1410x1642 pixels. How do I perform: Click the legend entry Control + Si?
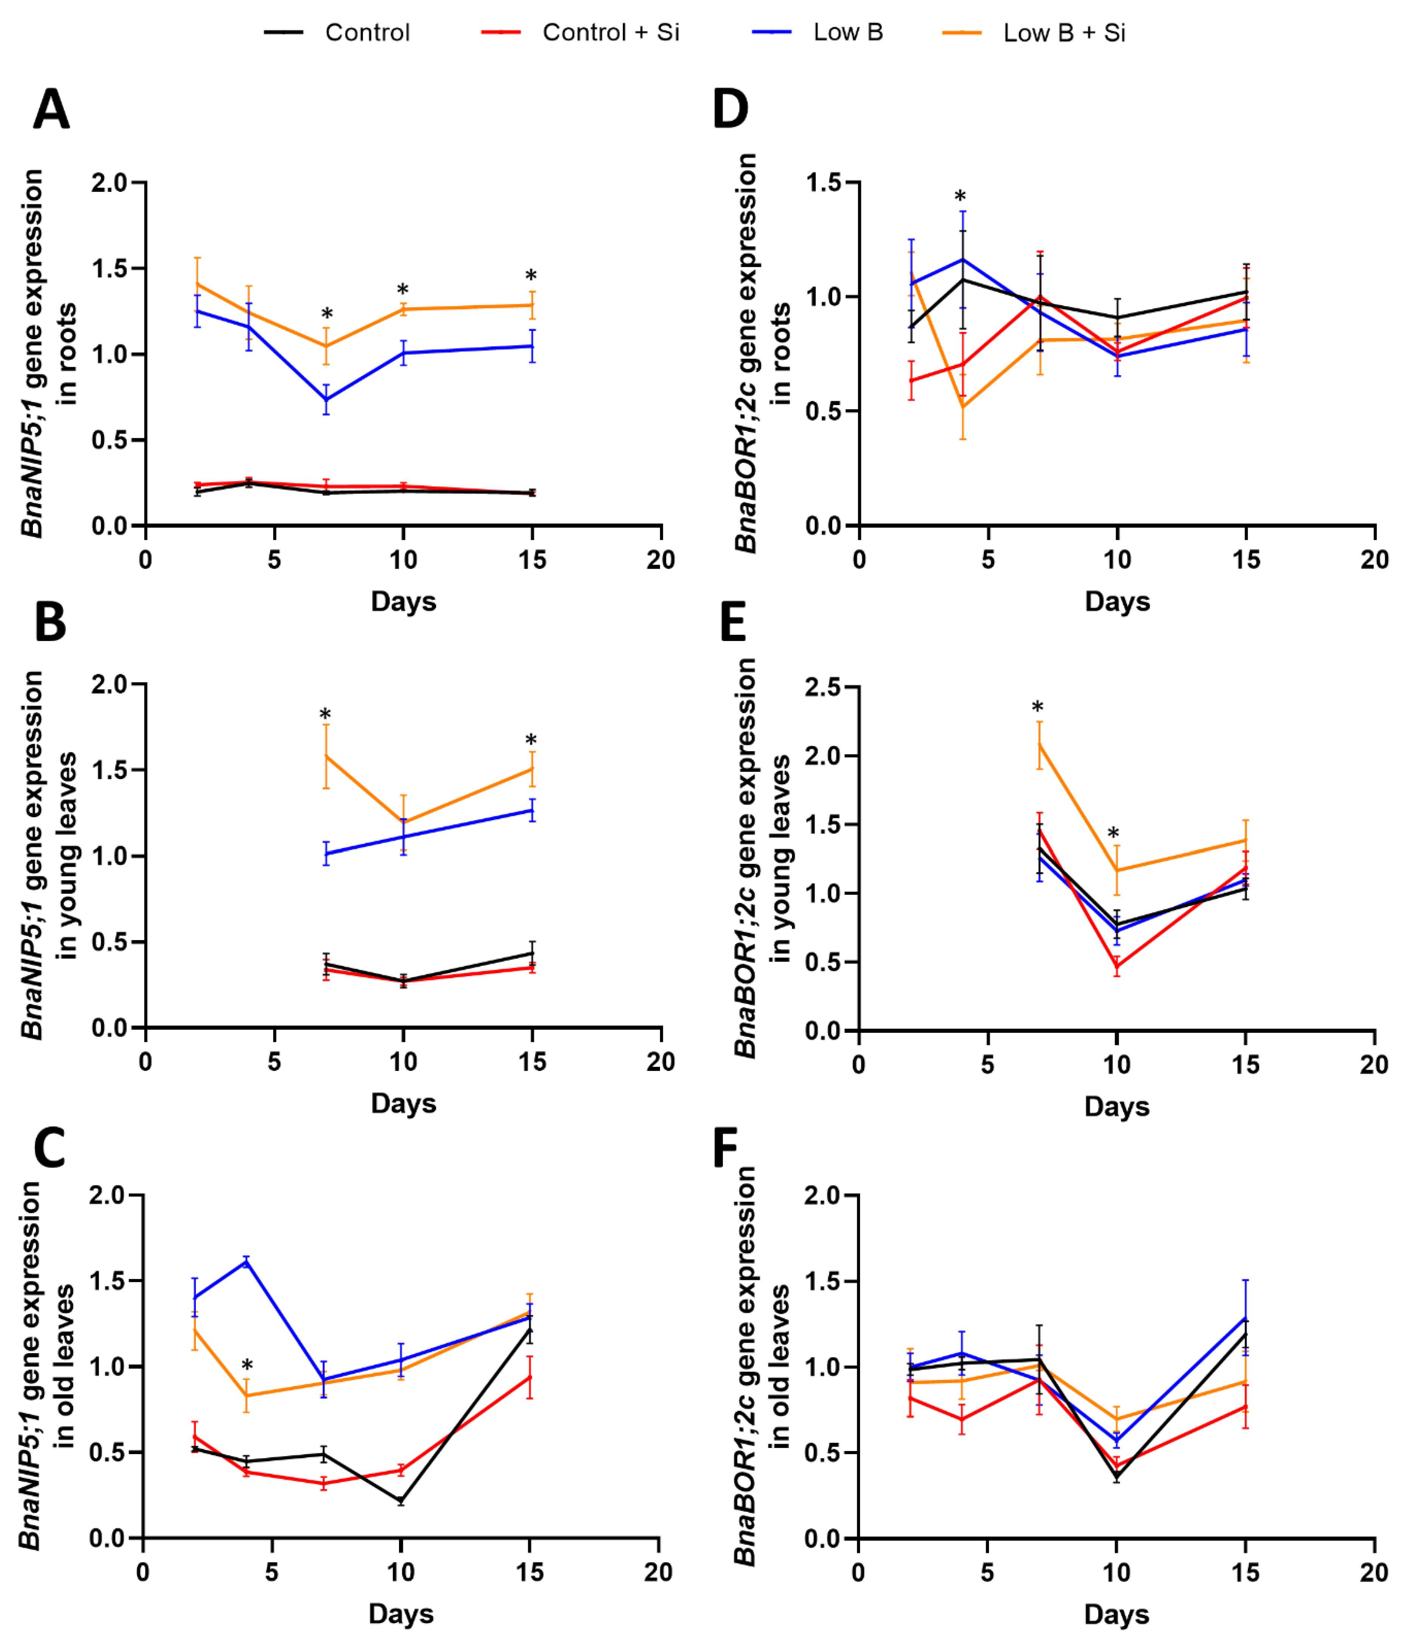point(610,33)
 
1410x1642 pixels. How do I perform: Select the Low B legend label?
point(847,33)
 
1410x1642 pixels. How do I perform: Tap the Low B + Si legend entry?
point(1064,33)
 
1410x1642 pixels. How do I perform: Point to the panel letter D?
point(730,109)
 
